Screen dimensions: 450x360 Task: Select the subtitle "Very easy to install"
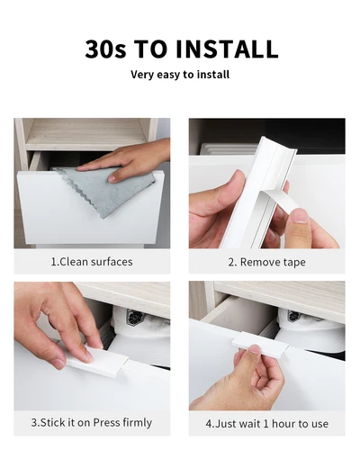tap(180, 75)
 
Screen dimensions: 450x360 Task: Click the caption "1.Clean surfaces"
tap(92, 262)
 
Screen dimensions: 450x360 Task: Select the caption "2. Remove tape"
tap(266, 262)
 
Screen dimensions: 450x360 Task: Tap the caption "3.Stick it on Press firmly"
tap(92, 422)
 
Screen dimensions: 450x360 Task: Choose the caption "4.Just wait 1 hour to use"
tap(266, 422)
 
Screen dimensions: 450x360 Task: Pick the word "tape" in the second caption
tap(292, 262)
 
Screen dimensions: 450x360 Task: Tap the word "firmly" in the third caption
tap(136, 422)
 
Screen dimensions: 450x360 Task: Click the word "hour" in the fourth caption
tap(284, 422)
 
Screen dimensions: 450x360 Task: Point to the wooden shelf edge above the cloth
tap(85, 134)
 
